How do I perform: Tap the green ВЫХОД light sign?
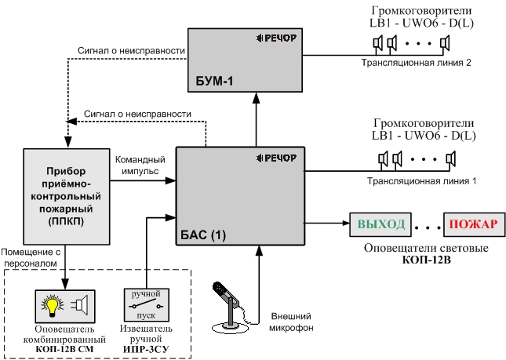click(x=382, y=225)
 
